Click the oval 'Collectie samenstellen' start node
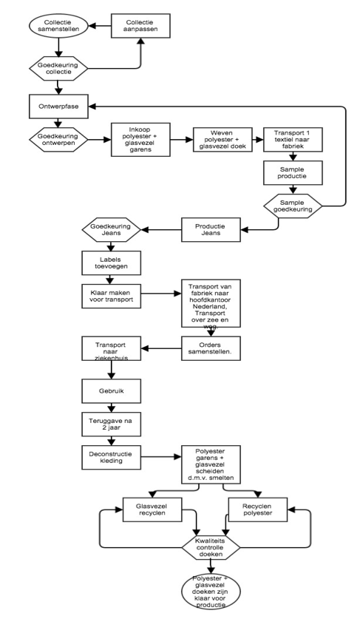click(x=58, y=26)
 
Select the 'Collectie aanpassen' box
click(x=140, y=26)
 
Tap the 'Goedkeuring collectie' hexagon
click(x=58, y=68)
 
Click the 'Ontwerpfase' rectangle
click(x=58, y=106)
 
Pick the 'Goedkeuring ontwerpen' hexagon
click(x=58, y=139)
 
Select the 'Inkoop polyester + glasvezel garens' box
click(x=140, y=139)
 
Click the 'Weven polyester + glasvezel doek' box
click(x=223, y=139)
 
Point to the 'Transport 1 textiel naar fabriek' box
click(x=293, y=139)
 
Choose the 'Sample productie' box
click(x=293, y=172)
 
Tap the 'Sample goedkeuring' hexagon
click(x=293, y=206)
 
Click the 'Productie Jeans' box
click(x=211, y=229)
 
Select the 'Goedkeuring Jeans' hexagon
click(x=112, y=229)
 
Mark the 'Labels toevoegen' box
click(x=112, y=263)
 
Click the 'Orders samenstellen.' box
click(x=211, y=348)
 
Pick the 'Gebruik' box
click(x=112, y=390)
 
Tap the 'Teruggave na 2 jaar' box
click(x=112, y=424)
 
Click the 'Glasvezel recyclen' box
click(x=152, y=510)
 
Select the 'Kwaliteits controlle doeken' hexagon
click(x=211, y=547)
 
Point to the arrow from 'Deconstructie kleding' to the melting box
click(x=161, y=457)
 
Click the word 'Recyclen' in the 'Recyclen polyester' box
click(x=257, y=506)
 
